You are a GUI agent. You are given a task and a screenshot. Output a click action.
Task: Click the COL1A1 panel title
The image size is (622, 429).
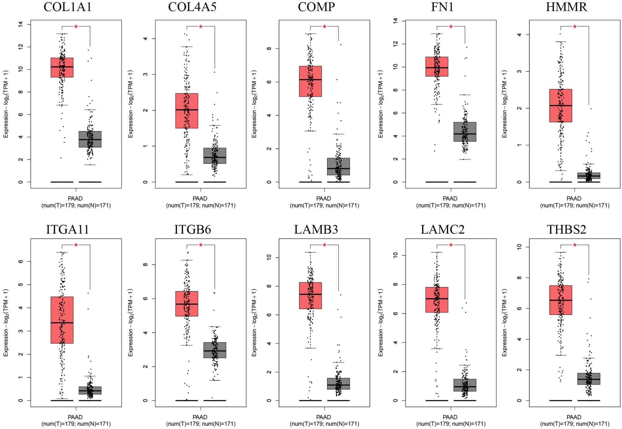tap(67, 7)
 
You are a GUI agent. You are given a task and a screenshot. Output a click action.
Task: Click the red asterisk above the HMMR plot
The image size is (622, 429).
tap(575, 27)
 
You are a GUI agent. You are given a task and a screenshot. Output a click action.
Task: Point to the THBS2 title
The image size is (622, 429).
tap(566, 229)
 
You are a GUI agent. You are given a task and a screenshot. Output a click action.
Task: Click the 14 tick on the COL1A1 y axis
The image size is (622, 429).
tap(21, 24)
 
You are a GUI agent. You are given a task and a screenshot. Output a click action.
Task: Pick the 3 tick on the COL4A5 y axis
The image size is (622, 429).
tap(145, 74)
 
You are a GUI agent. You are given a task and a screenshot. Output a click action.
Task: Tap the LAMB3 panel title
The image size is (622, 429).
tap(316, 229)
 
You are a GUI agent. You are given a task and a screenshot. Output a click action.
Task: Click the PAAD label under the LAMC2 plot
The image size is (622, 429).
tap(450, 417)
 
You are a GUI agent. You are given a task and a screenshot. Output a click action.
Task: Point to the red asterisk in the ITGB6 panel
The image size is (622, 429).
tap(201, 246)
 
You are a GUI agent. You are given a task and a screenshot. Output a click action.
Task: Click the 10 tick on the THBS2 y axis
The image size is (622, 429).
tap(519, 247)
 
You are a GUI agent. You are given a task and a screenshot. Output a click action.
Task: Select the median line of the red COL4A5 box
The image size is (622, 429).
tap(187, 110)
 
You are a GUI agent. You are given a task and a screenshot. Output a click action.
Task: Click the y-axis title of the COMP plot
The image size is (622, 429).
tap(254, 104)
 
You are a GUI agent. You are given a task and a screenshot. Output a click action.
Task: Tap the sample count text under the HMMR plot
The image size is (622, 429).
tap(574, 205)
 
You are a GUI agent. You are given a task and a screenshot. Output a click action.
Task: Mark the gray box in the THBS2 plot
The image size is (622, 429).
tap(589, 379)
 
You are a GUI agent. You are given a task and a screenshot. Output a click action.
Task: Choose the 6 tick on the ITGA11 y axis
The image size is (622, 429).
tap(21, 262)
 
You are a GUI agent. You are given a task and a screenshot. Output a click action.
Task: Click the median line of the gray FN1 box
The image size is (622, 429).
tap(465, 134)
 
